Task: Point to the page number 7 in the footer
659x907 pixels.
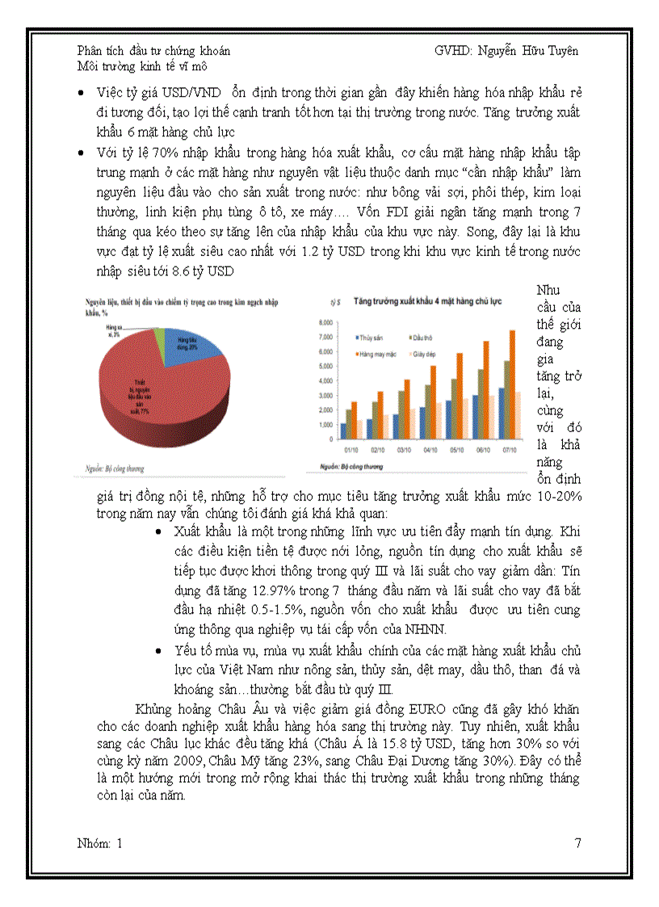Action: tap(577, 844)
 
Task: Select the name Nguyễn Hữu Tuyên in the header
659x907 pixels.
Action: tap(527, 50)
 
